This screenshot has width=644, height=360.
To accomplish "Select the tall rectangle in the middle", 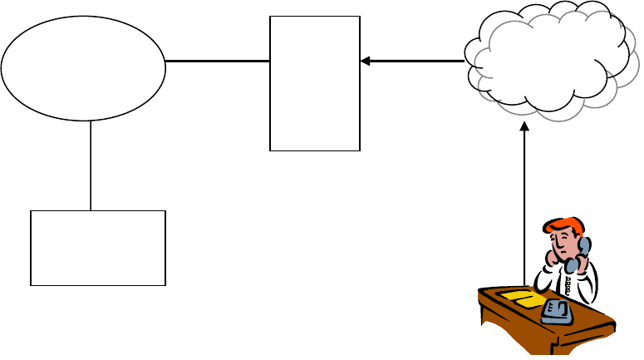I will click(315, 83).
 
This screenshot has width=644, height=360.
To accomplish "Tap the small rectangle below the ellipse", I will click(98, 248).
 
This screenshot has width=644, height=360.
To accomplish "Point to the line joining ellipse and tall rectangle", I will click(218, 61).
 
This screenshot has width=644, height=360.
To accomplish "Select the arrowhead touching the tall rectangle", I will click(366, 61).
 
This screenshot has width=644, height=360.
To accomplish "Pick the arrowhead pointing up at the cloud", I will click(524, 127).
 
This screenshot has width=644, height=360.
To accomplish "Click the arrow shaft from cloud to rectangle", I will click(415, 61).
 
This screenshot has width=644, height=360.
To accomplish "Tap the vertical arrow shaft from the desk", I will click(524, 208).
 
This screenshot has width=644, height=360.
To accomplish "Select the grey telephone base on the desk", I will click(556, 313).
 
